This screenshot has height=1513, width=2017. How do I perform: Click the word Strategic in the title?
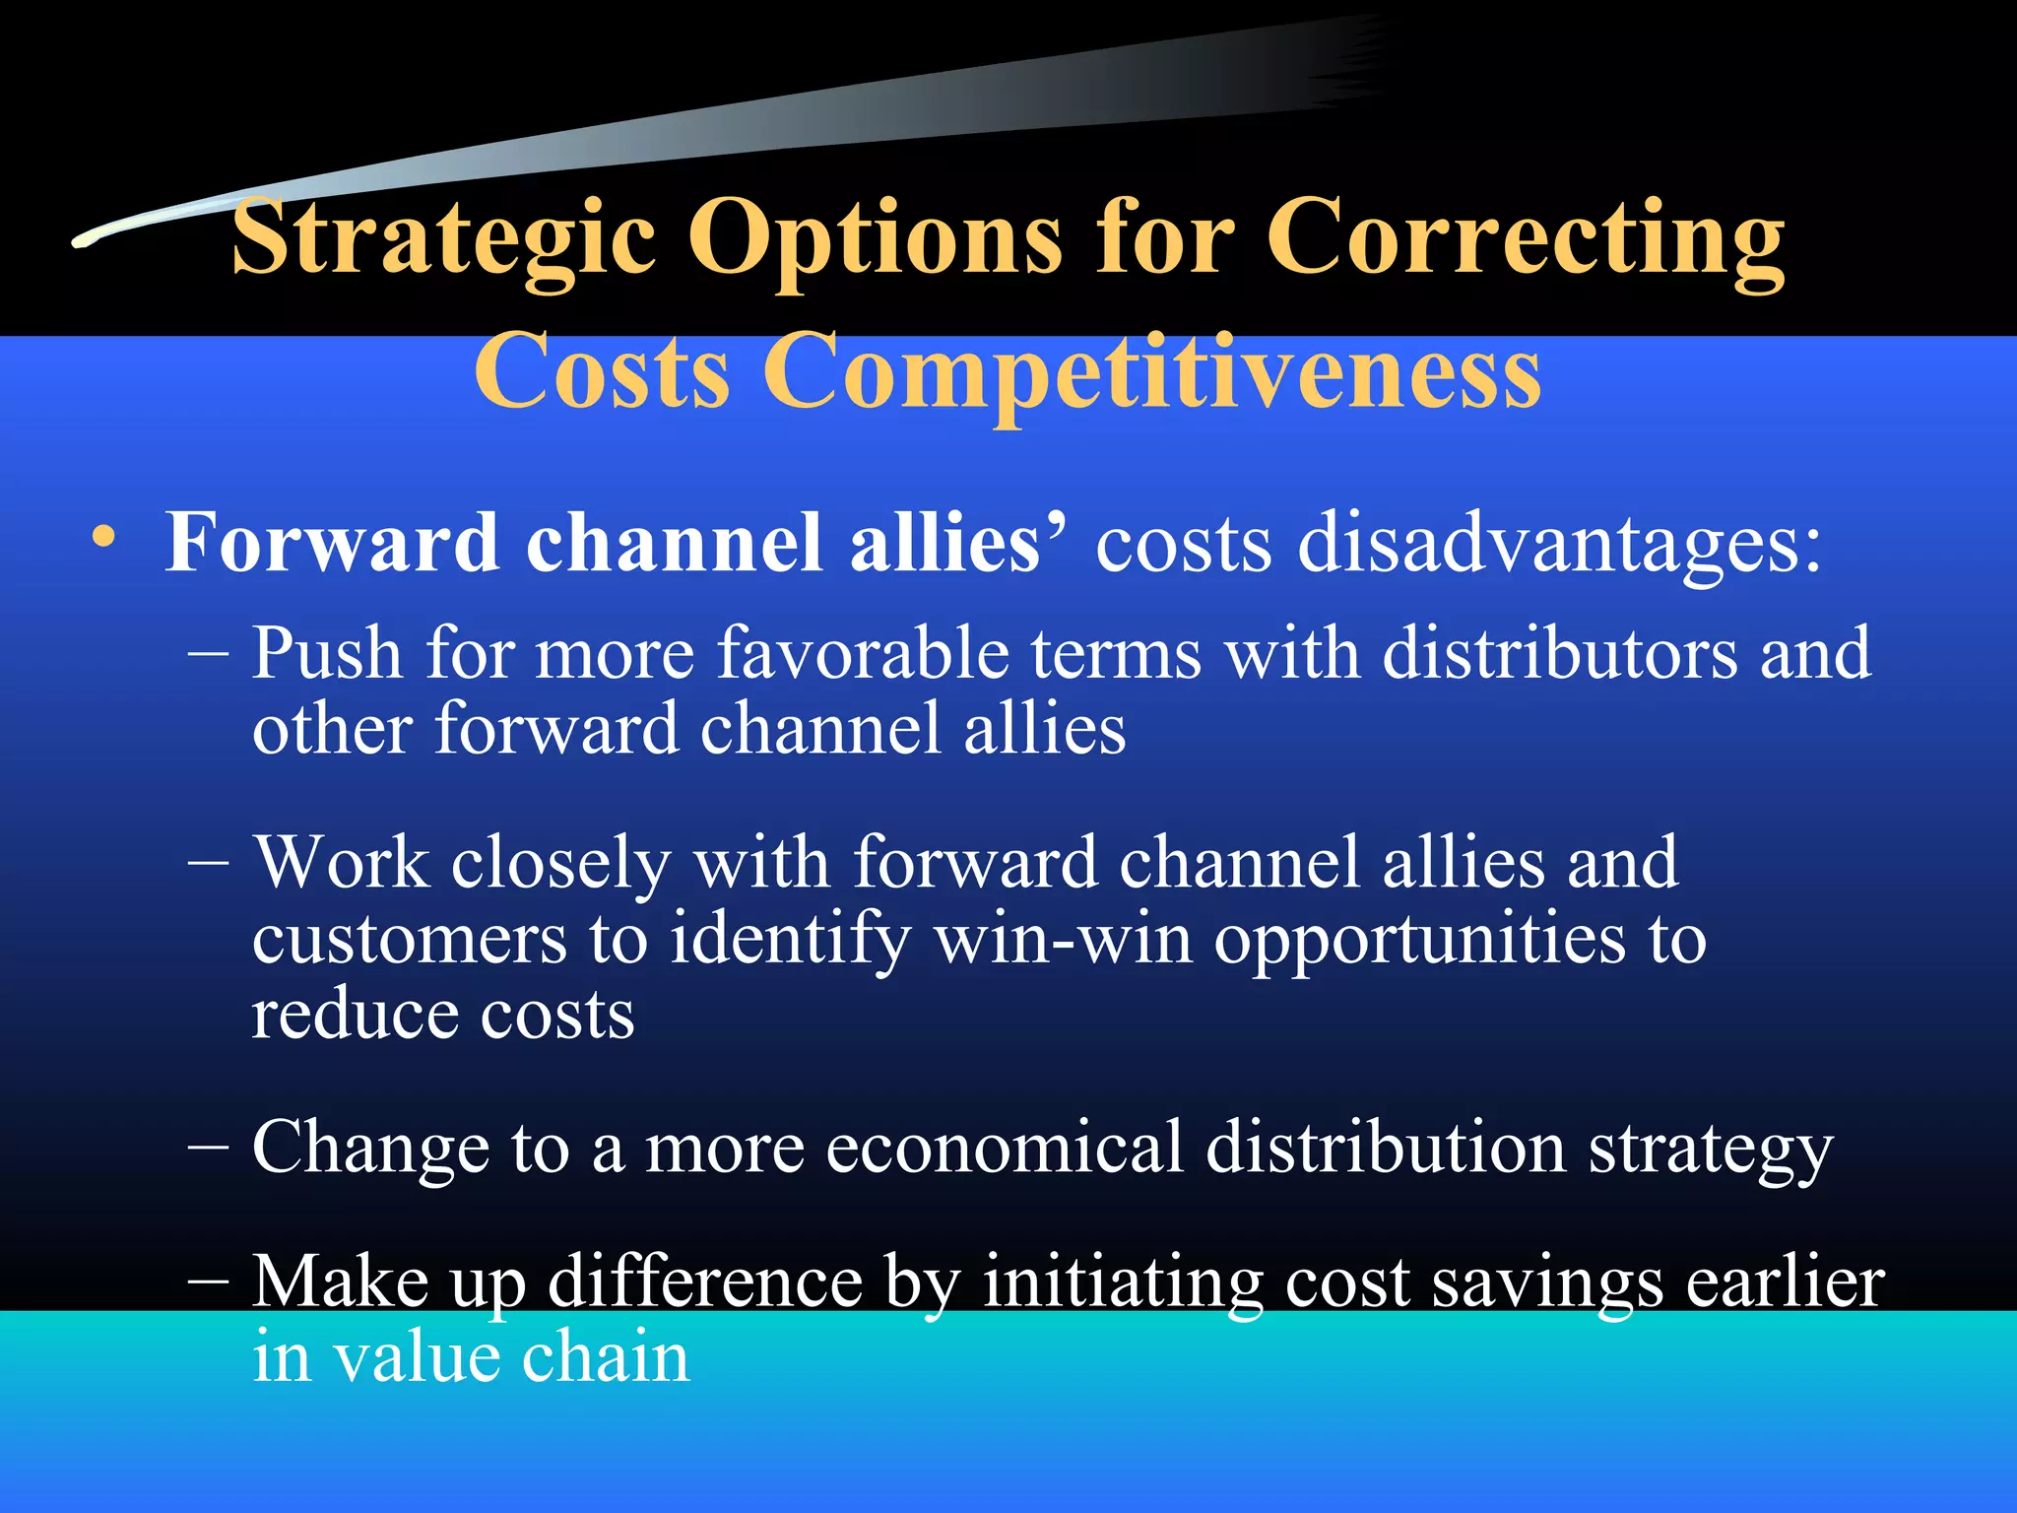pos(443,238)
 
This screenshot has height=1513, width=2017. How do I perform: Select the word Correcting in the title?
pos(1525,238)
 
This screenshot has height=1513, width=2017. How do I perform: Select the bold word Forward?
pos(332,543)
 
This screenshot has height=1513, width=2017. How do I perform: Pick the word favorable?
pos(863,654)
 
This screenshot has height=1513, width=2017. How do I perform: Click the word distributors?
pos(1560,654)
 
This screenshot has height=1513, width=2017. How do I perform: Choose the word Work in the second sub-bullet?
pos(341,863)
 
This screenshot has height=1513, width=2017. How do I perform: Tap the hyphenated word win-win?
pos(1063,939)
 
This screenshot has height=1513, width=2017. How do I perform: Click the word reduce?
pos(355,1016)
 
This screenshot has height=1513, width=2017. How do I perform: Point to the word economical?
pos(1004,1148)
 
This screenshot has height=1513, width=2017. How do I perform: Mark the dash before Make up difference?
pos(209,1282)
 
